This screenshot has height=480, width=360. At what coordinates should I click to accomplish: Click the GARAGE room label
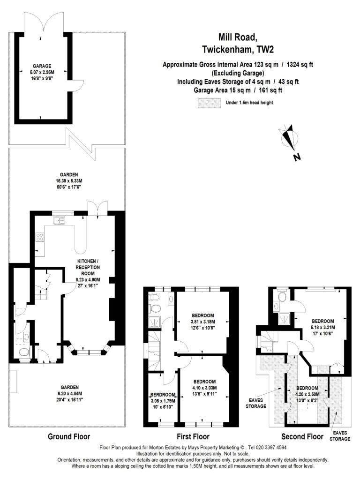pyautogui.click(x=42, y=66)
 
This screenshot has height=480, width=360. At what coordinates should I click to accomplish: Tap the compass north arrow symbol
pyautogui.click(x=289, y=138)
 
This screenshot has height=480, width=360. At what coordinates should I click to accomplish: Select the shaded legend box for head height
pyautogui.click(x=210, y=103)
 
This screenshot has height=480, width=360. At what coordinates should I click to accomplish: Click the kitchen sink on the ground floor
pyautogui.click(x=59, y=220)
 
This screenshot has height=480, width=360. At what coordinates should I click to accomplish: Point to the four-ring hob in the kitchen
pyautogui.click(x=40, y=237)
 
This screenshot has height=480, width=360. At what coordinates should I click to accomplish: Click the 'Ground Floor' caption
pyautogui.click(x=69, y=436)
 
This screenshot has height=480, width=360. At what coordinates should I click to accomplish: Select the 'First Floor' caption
pyautogui.click(x=193, y=436)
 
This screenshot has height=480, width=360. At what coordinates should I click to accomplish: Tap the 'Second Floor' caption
pyautogui.click(x=302, y=436)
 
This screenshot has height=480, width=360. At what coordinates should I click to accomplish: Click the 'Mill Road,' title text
pyautogui.click(x=237, y=37)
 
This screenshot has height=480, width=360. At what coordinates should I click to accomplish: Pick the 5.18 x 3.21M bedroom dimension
pyautogui.click(x=323, y=327)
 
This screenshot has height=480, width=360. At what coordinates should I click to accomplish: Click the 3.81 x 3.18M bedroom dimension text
pyautogui.click(x=202, y=322)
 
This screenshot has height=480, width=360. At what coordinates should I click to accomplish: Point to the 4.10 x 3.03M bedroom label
pyautogui.click(x=204, y=388)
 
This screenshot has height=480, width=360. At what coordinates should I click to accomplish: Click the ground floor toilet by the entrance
pyautogui.click(x=24, y=352)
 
